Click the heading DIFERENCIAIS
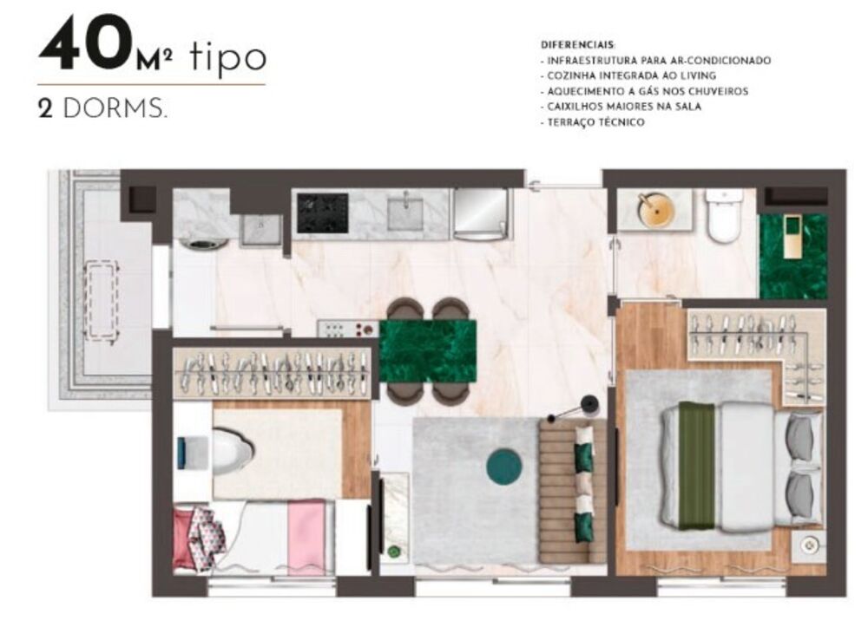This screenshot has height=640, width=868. coord(578,44)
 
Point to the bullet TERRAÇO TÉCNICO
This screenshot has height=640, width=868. coord(595,122)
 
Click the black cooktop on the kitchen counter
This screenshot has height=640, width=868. coord(322,212)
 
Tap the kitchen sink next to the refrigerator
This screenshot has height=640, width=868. coord(404,212)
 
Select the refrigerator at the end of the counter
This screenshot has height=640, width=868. coord(480,213)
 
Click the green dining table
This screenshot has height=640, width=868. coord(428,351)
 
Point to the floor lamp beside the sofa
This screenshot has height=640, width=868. coord(589,402)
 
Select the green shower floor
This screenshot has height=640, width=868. coord(792,257)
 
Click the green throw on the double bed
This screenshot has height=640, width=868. coord(695,465)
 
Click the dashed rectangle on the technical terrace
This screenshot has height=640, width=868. coord(102,299)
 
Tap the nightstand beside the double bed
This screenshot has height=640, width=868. coord(810,545)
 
